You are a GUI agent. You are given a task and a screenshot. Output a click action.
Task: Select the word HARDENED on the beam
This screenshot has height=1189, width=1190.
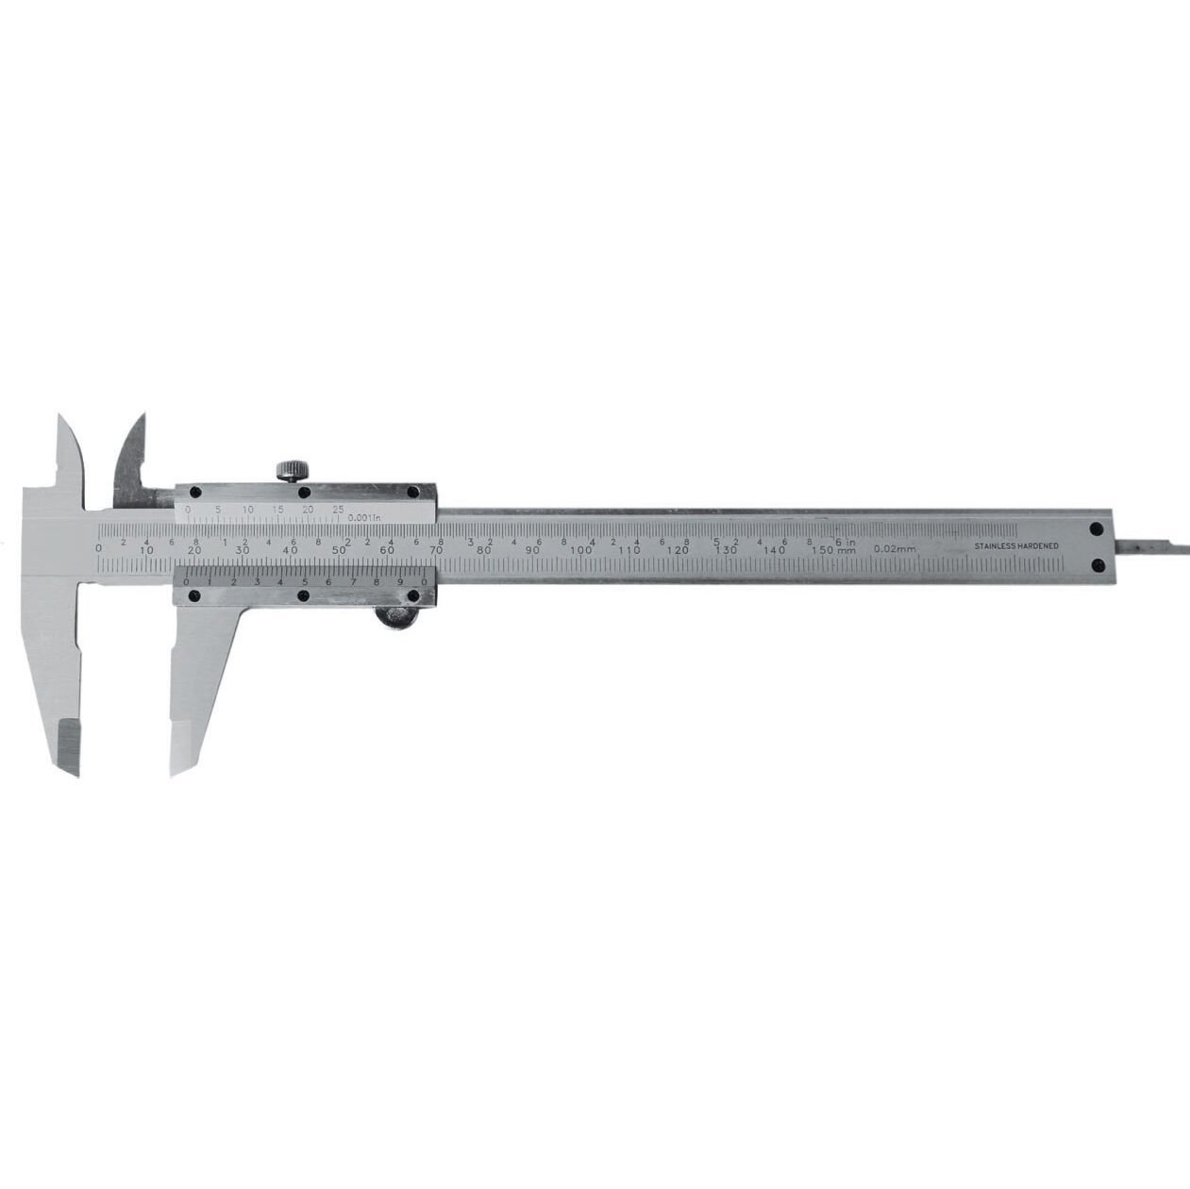pyautogui.click(x=1037, y=546)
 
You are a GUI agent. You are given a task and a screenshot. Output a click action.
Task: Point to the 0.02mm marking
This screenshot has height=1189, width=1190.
pyautogui.click(x=896, y=549)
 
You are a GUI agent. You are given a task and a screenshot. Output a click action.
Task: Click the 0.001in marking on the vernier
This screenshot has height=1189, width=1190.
pyautogui.click(x=363, y=517)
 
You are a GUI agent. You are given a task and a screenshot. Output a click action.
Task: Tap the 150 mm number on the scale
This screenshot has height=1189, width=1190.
pyautogui.click(x=832, y=550)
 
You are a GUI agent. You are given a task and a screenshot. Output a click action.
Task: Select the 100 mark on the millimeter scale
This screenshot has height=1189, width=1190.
pyautogui.click(x=580, y=550)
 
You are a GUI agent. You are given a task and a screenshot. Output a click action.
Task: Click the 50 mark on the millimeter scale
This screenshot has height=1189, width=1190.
pyautogui.click(x=338, y=550)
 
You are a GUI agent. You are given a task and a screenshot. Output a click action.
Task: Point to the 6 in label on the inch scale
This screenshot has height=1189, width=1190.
pyautogui.click(x=845, y=541)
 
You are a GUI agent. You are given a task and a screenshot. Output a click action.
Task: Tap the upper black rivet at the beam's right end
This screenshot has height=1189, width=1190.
pyautogui.click(x=1097, y=530)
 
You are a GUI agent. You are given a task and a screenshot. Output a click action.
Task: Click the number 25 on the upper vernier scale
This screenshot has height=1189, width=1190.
pyautogui.click(x=338, y=510)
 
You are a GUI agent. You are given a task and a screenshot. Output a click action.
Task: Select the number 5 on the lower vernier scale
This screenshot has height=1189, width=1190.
pyautogui.click(x=304, y=582)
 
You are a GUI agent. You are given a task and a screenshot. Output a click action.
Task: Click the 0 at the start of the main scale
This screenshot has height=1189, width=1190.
pyautogui.click(x=99, y=549)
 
